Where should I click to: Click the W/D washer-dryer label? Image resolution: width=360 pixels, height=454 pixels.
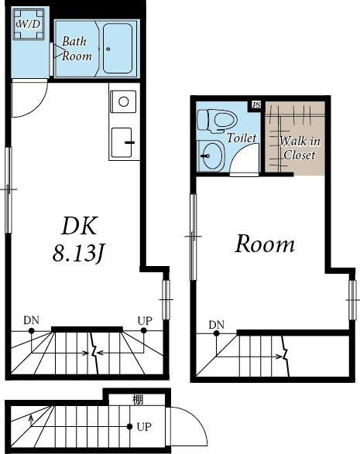coord(28,24)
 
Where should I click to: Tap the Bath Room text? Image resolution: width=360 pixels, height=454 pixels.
coord(77,49)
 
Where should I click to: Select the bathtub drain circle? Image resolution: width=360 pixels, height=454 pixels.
coord(108,49)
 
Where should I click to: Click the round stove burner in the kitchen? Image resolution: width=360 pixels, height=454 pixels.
coord(124,101)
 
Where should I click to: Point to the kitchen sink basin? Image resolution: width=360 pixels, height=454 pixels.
coord(122,142)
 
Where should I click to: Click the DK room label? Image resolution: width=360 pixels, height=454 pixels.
coord(79,226)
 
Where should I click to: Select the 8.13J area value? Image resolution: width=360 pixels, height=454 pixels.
coord(78,254)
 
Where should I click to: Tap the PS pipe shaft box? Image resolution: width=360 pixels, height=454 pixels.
coord(256,105)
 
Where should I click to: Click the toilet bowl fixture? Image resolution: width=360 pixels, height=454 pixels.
coord(217,121)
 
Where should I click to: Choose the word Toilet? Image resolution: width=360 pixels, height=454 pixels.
coord(242,138)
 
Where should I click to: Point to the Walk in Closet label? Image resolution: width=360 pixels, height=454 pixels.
coord(300,148)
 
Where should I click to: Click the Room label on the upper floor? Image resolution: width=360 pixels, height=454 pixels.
coord(265,245)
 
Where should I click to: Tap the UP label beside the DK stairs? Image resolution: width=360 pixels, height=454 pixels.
coord(145,321)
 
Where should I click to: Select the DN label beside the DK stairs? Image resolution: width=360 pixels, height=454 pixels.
coord(31,320)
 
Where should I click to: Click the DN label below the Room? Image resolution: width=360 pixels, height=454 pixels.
coord(217,325)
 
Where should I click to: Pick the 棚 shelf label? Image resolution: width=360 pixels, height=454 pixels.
coord(138,400)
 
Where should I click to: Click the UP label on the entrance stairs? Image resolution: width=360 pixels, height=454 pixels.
coord(144,427)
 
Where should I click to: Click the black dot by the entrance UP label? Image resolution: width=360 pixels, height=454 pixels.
coord(129,426)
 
